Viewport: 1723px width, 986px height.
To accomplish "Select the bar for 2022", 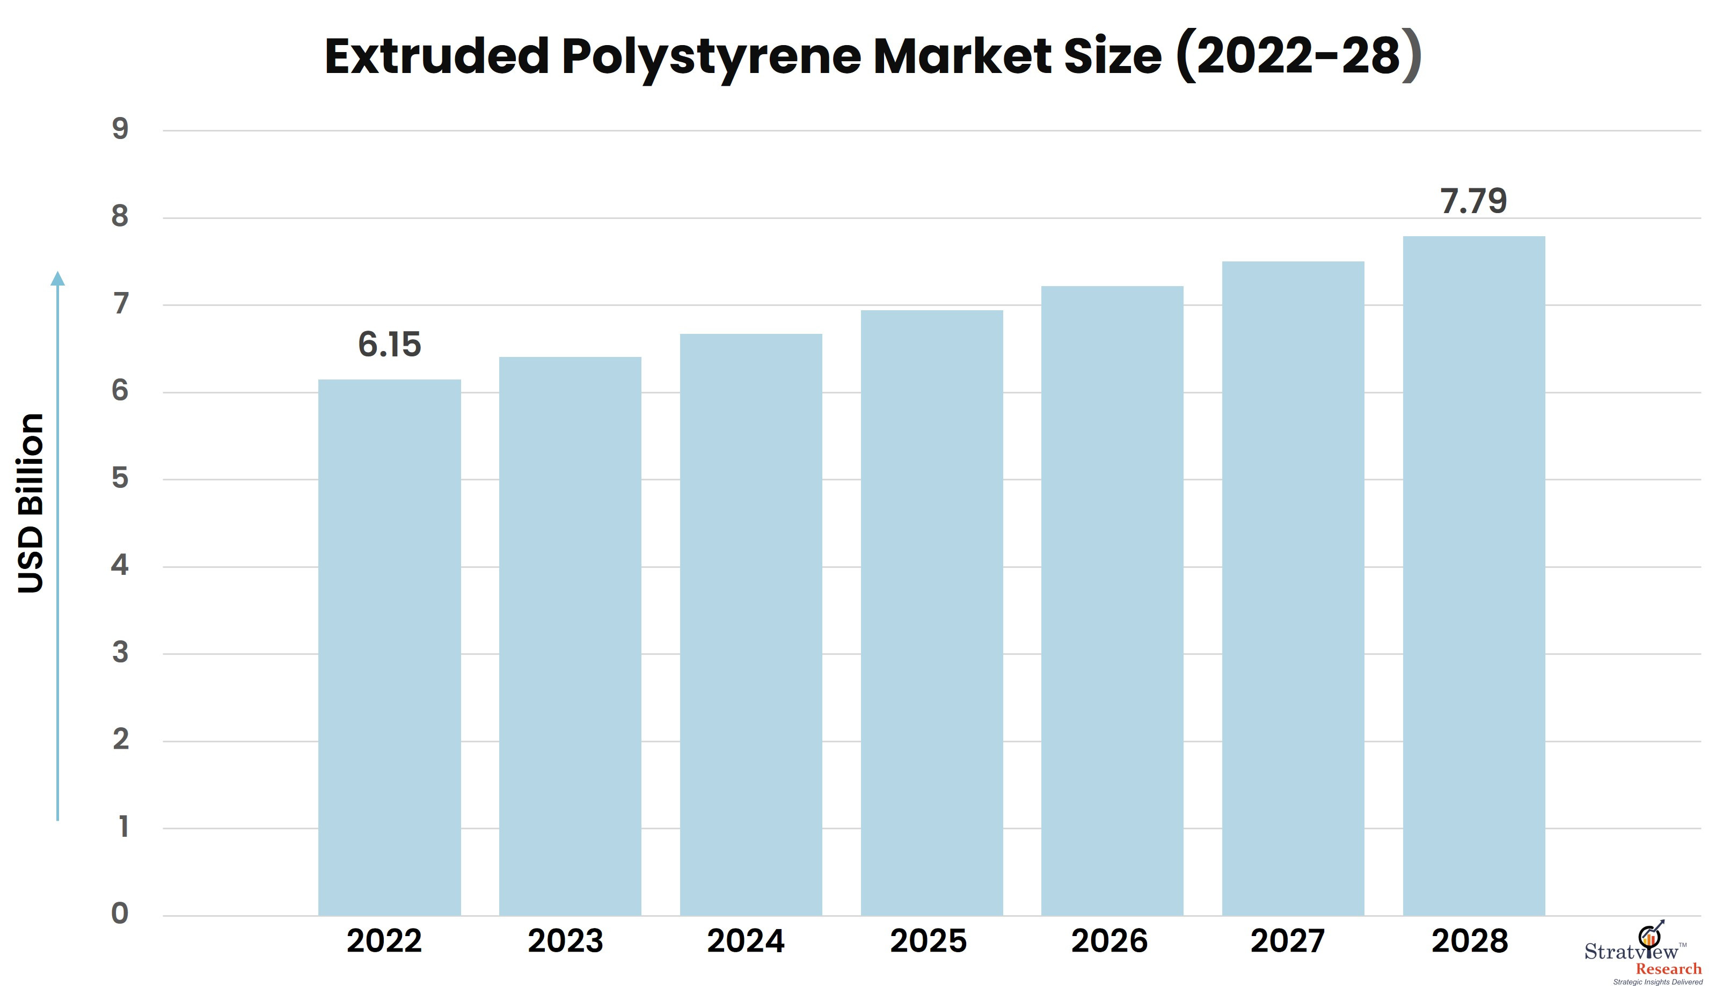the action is [x=389, y=647].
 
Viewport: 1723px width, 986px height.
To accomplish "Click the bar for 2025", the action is [x=932, y=613].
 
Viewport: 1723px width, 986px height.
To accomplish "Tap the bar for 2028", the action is [x=1474, y=575].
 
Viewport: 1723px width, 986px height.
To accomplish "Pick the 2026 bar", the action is [x=1112, y=601].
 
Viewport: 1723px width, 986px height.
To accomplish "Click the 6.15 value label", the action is [x=389, y=345].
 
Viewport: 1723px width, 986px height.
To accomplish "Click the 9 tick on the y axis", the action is [x=120, y=129].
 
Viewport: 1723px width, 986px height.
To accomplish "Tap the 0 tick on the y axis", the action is [x=120, y=913].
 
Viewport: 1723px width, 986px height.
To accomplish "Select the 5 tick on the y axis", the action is [x=120, y=478].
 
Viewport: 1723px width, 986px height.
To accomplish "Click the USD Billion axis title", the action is [x=31, y=503].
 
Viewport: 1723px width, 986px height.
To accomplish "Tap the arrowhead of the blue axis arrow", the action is [x=57, y=279].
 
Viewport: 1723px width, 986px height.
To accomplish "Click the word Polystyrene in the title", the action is [x=711, y=57].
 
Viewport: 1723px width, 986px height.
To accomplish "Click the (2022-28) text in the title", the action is [x=1298, y=57].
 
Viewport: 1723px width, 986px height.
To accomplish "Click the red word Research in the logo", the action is [x=1668, y=968].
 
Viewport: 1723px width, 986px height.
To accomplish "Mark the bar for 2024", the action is [x=751, y=624].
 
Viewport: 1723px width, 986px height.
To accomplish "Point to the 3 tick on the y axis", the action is [x=120, y=652].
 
